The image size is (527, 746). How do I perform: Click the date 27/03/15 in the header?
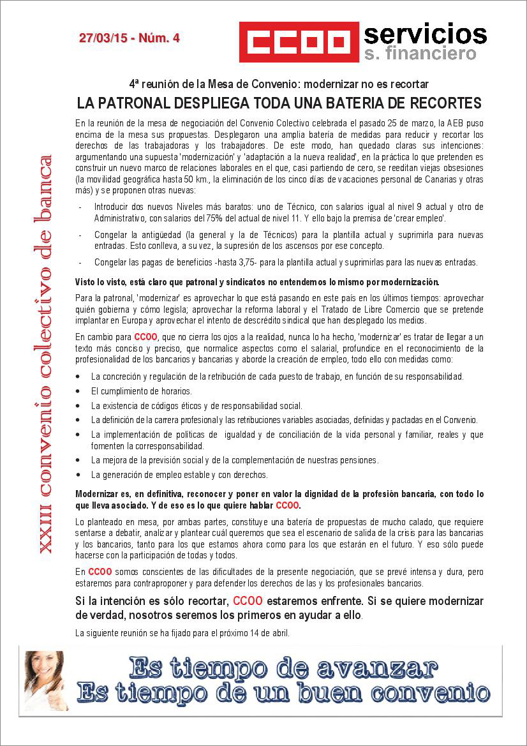[103, 38]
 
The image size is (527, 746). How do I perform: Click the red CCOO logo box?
[299, 42]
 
